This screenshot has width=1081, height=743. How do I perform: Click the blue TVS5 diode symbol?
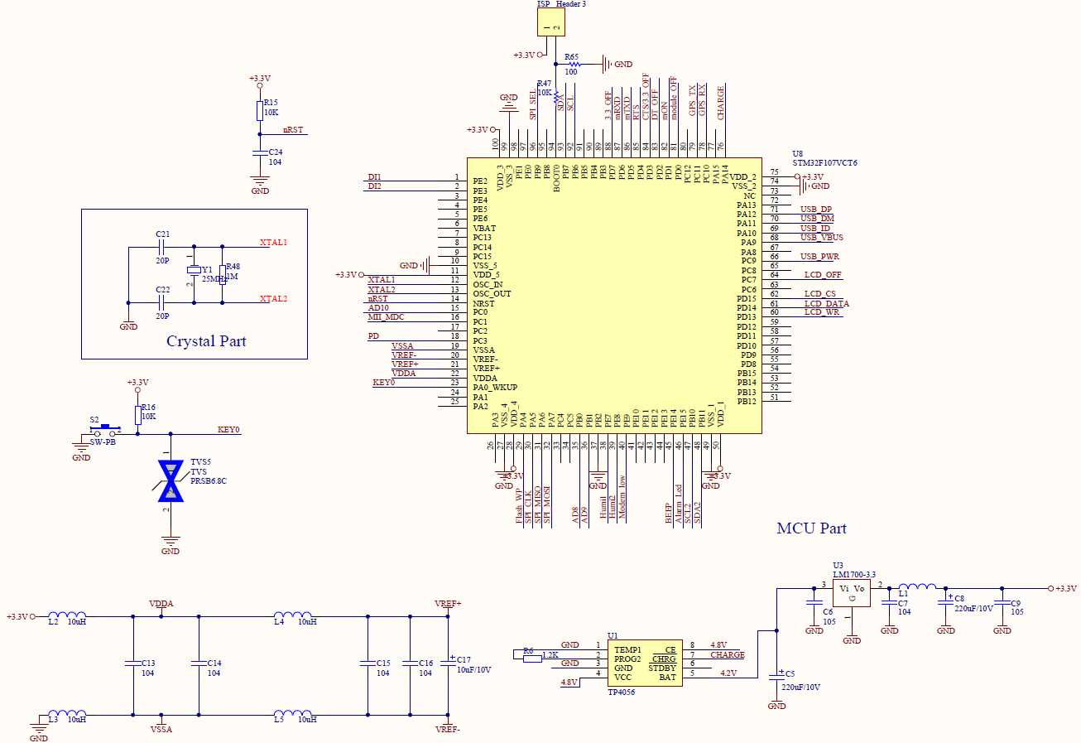tap(171, 480)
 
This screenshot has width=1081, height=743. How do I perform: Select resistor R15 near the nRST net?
tap(260, 111)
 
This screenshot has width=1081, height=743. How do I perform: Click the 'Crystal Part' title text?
tap(206, 341)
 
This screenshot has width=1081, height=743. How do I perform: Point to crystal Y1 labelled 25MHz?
tap(194, 270)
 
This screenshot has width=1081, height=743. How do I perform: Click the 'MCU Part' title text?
tap(811, 528)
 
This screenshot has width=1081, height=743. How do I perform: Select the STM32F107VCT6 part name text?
tap(824, 163)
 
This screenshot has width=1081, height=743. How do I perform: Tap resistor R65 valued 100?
tap(572, 63)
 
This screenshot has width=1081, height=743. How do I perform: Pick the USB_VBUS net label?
tap(821, 238)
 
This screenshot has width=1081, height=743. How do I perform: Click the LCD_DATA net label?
tap(826, 304)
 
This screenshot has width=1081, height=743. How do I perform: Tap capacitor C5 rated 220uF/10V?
tap(776, 675)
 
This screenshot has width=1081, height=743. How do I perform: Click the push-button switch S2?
tap(105, 431)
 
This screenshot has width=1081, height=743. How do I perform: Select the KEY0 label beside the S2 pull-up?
tap(228, 430)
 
